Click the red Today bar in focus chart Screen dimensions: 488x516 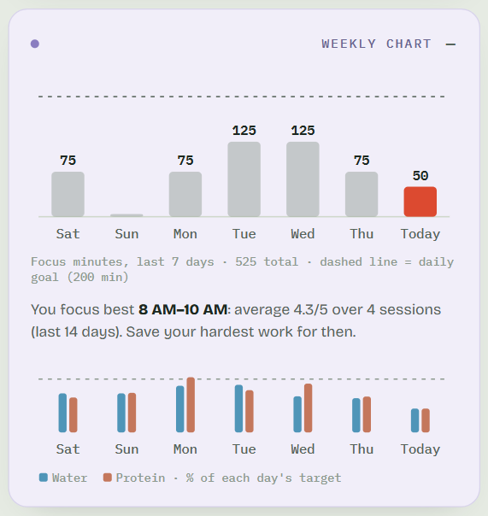point(420,202)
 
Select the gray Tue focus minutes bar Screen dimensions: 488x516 point(244,179)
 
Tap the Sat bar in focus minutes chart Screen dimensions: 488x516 point(68,194)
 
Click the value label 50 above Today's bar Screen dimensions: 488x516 point(420,176)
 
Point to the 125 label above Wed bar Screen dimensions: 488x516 point(303,131)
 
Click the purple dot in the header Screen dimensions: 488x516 point(35,44)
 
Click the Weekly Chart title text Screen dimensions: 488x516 point(376,44)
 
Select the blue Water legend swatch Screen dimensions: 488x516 point(44,478)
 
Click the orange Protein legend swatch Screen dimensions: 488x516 point(108,478)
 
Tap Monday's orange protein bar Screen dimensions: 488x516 point(191,404)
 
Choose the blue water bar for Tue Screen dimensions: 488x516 point(238,408)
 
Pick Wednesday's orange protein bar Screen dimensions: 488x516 point(309,408)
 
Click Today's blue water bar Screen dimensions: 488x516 point(415,420)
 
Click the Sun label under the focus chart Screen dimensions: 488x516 point(126,234)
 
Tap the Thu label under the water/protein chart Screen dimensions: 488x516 point(362,449)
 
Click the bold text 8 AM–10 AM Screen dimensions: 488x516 point(183,309)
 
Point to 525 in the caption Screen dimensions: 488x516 point(245,262)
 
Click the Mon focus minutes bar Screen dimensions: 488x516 point(185,194)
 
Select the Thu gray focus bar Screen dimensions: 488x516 point(362,194)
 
